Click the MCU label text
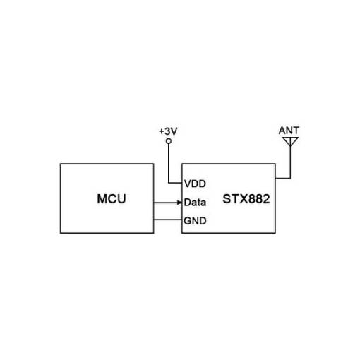pyautogui.click(x=112, y=199)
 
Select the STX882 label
pyautogui.click(x=246, y=199)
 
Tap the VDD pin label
pyautogui.click(x=195, y=184)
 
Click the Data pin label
pyautogui.click(x=195, y=203)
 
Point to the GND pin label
pyautogui.click(x=195, y=221)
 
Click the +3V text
pyautogui.click(x=168, y=131)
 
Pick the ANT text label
pyautogui.click(x=289, y=131)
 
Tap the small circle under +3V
pyautogui.click(x=169, y=141)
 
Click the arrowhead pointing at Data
pyautogui.click(x=180, y=203)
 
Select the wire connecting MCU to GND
pyautogui.click(x=168, y=220)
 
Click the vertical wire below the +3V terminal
pyautogui.click(x=169, y=163)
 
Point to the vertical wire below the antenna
pyautogui.click(x=290, y=162)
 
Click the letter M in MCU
pyautogui.click(x=102, y=199)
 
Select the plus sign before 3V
pyautogui.click(x=161, y=131)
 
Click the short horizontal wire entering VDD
pyautogui.click(x=175, y=183)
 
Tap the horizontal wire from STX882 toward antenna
pyautogui.click(x=283, y=178)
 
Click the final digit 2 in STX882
pyautogui.click(x=266, y=199)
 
